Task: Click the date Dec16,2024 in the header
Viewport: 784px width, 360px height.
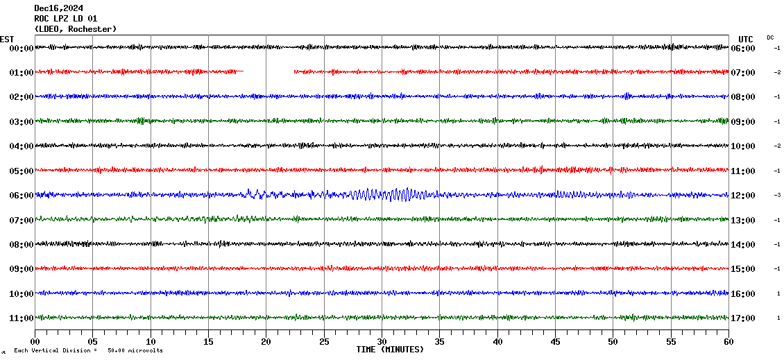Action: click(x=58, y=8)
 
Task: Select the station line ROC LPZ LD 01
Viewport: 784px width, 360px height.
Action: click(x=66, y=19)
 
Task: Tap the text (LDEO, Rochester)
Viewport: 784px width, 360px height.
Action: click(x=76, y=29)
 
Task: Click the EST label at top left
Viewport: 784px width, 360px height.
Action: click(x=7, y=39)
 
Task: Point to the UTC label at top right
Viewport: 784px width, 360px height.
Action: click(x=745, y=39)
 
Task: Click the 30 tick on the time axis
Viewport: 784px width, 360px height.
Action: click(x=382, y=342)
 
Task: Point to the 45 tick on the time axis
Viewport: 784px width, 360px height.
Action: click(x=555, y=342)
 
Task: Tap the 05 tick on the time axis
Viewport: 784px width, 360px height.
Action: click(x=93, y=342)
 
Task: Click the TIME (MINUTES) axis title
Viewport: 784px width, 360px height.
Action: click(x=389, y=350)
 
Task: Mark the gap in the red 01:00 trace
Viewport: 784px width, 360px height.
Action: click(x=269, y=71)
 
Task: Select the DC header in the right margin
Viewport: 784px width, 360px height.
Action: click(x=770, y=37)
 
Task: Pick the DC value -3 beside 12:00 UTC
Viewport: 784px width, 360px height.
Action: click(x=778, y=196)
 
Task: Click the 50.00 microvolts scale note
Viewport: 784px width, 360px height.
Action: click(x=135, y=350)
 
